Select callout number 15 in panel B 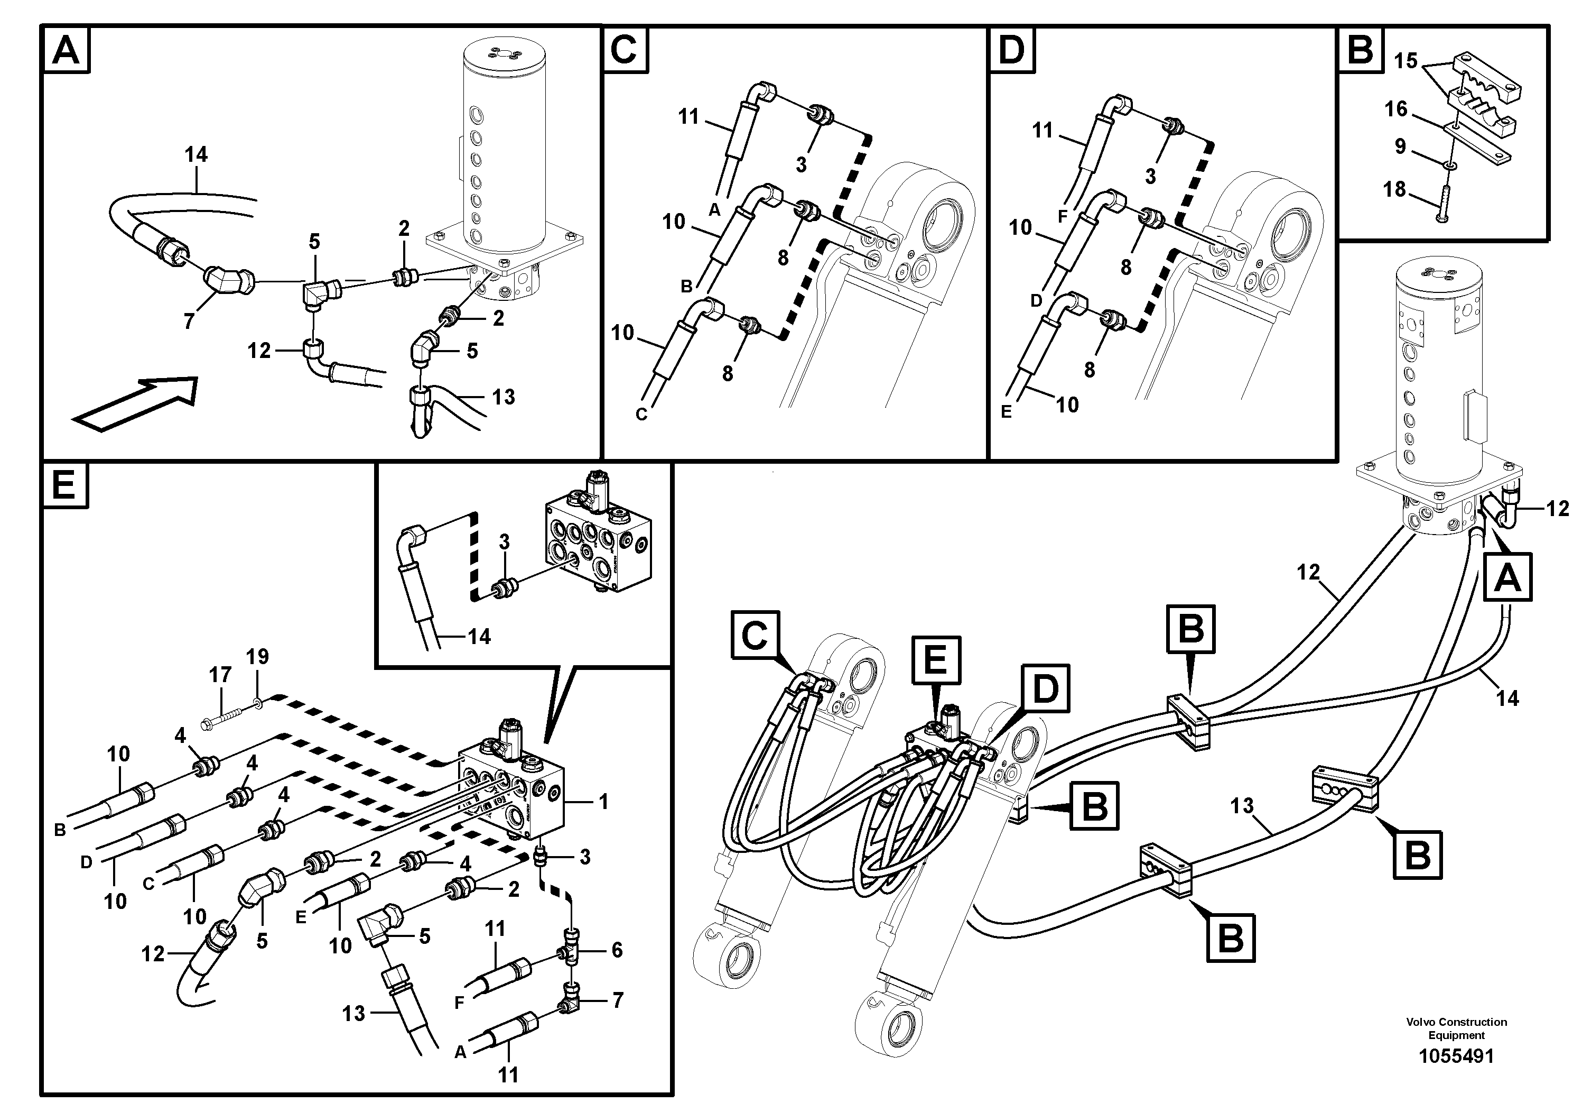tap(1405, 61)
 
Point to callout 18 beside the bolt tap(1394, 189)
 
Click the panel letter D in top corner tap(1011, 50)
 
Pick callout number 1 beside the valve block tap(603, 802)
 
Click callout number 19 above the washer tap(258, 657)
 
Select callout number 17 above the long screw tap(220, 675)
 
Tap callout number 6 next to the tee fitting tap(617, 950)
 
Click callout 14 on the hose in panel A tap(196, 155)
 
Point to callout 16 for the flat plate tap(1395, 109)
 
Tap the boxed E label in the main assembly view tap(935, 661)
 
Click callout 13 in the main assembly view tap(1241, 805)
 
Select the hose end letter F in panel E tap(459, 1003)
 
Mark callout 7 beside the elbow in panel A tap(189, 321)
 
